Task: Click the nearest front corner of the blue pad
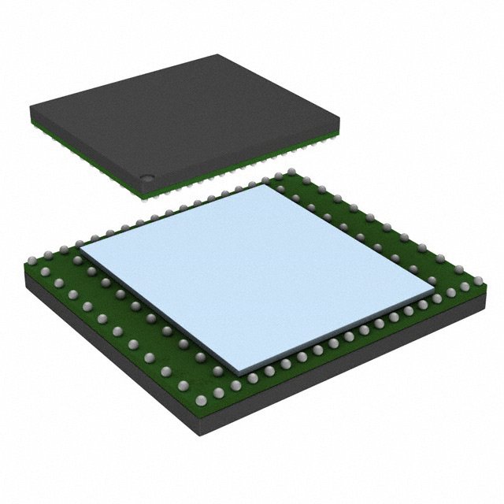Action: point(239,372)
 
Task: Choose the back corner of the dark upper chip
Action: point(216,55)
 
